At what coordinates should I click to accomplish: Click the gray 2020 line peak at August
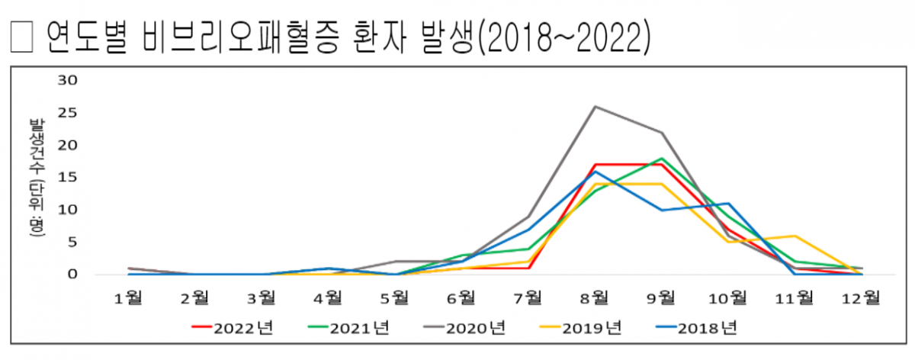[595, 106]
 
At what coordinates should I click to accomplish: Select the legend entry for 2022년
[232, 328]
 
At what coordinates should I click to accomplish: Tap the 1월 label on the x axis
[128, 297]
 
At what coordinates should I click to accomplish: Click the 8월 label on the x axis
[595, 297]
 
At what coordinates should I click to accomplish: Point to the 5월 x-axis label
[395, 297]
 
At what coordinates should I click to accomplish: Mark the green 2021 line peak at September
[662, 158]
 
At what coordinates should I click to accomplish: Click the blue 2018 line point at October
[728, 203]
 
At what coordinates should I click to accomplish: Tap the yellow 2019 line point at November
[795, 236]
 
